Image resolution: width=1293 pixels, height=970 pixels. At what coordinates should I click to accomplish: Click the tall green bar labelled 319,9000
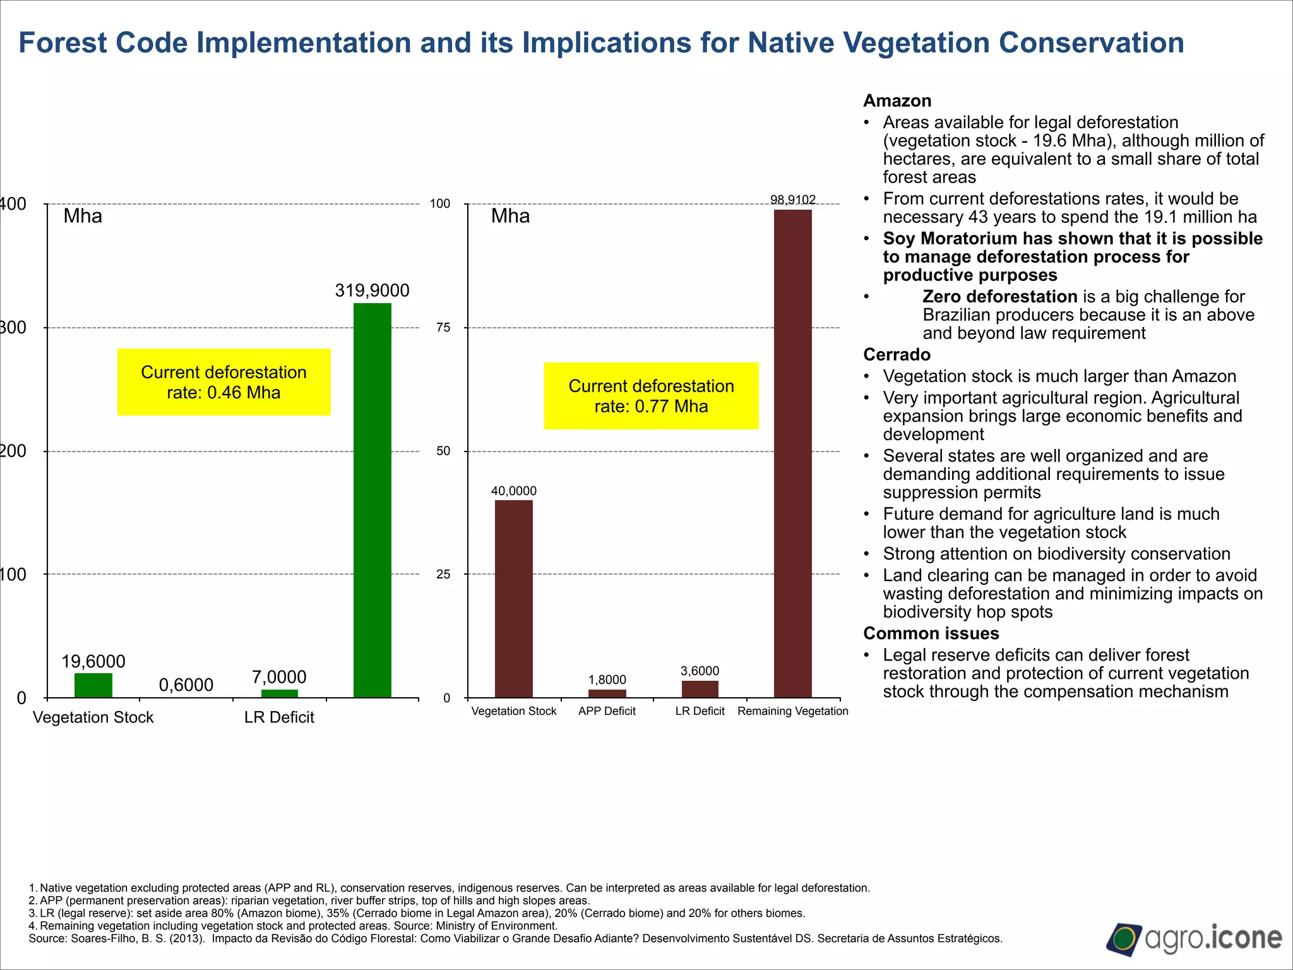pyautogui.click(x=372, y=500)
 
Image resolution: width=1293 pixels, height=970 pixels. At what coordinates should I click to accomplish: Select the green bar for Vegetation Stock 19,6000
pyautogui.click(x=93, y=685)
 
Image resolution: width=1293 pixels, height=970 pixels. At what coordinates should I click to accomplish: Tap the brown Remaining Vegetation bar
pyautogui.click(x=792, y=453)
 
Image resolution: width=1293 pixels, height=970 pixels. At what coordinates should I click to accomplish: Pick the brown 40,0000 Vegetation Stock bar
pyautogui.click(x=513, y=599)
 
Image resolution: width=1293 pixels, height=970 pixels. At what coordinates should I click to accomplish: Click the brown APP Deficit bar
pyautogui.click(x=607, y=693)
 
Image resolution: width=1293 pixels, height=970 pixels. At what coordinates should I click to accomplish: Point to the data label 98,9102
pyautogui.click(x=792, y=200)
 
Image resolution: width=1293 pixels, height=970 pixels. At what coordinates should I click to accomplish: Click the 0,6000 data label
pyautogui.click(x=186, y=685)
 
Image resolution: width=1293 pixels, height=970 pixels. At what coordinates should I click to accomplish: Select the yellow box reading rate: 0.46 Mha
pyautogui.click(x=224, y=382)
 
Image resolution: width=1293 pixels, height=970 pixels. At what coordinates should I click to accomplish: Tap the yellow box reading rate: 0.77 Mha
pyautogui.click(x=651, y=396)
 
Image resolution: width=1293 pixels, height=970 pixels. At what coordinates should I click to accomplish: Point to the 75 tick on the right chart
pyautogui.click(x=443, y=327)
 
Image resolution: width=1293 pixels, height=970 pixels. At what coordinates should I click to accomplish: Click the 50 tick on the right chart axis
pyautogui.click(x=443, y=451)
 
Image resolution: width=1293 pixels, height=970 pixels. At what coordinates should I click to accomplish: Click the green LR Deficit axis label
pyautogui.click(x=279, y=717)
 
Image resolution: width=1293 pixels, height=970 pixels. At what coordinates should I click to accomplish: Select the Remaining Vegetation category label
pyautogui.click(x=792, y=711)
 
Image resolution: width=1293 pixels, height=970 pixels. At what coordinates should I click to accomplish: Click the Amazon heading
pyautogui.click(x=897, y=101)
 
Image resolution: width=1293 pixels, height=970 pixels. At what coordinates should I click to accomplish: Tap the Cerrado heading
pyautogui.click(x=897, y=355)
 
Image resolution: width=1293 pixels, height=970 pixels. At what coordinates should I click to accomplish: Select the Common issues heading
pyautogui.click(x=931, y=633)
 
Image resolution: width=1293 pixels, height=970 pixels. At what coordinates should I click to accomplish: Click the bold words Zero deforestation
pyautogui.click(x=999, y=297)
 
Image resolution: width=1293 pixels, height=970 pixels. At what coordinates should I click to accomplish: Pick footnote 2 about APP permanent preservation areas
pyautogui.click(x=309, y=901)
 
